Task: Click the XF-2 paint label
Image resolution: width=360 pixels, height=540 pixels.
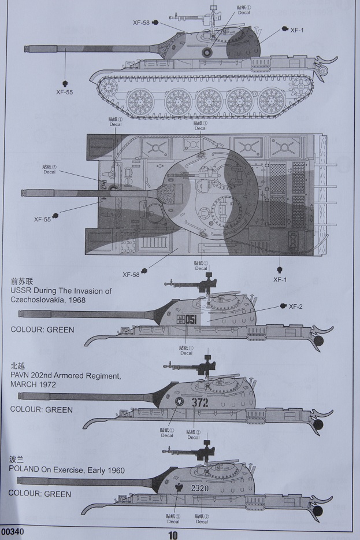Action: point(296,306)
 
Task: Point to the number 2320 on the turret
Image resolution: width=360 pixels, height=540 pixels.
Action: point(199,488)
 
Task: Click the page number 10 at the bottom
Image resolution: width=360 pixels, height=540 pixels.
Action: point(173,535)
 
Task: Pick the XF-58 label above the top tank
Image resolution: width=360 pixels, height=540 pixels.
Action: point(141,23)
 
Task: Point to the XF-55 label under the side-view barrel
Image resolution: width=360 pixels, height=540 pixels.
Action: point(65,91)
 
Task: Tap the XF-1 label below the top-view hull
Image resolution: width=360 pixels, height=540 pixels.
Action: point(280,279)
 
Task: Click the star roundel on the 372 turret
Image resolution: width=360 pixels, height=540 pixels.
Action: point(179,403)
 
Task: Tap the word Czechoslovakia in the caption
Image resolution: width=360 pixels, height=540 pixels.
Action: point(38,301)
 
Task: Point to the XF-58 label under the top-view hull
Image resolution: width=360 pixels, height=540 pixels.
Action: point(132,274)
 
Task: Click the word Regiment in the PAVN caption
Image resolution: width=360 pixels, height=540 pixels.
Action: point(103,376)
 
